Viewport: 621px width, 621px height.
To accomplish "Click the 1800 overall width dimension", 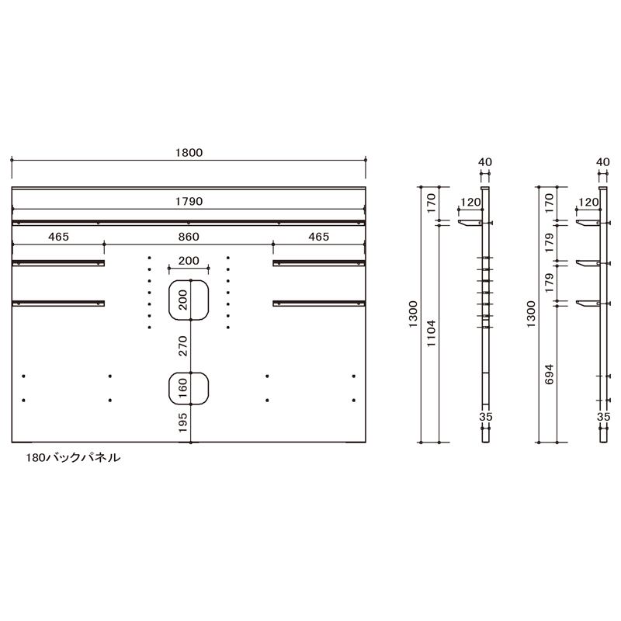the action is pyautogui.click(x=189, y=152).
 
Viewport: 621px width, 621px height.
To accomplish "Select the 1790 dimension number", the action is pyautogui.click(x=189, y=201).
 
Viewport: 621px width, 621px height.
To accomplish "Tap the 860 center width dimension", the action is pyautogui.click(x=189, y=237).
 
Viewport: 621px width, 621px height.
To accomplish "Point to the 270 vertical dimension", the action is pyautogui.click(x=182, y=345).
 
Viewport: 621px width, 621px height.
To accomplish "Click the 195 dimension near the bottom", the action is pyautogui.click(x=182, y=422).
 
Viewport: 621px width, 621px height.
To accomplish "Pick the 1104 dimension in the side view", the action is pyautogui.click(x=431, y=333).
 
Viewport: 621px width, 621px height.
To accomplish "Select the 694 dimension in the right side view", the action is pyautogui.click(x=549, y=374).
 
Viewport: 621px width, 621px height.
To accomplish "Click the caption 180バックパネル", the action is pyautogui.click(x=73, y=458).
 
